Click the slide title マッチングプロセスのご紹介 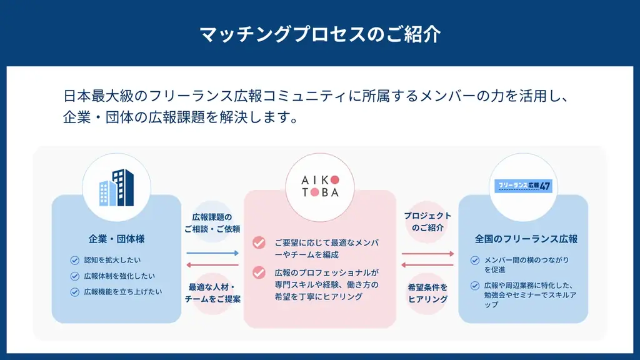tap(320, 34)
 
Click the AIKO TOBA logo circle tap(320, 186)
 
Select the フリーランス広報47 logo tap(522, 186)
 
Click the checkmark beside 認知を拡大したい tap(75, 260)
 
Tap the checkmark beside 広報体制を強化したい tap(75, 276)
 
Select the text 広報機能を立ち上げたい tap(123, 291)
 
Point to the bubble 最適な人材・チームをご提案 tap(212, 292)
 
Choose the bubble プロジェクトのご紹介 tap(427, 222)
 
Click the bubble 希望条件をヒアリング tap(427, 292)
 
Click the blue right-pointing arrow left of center tap(212, 253)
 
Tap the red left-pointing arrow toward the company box tap(212, 264)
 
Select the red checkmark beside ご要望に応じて tap(259, 242)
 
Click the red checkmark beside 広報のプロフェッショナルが tap(259, 272)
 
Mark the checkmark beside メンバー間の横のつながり tap(475, 260)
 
